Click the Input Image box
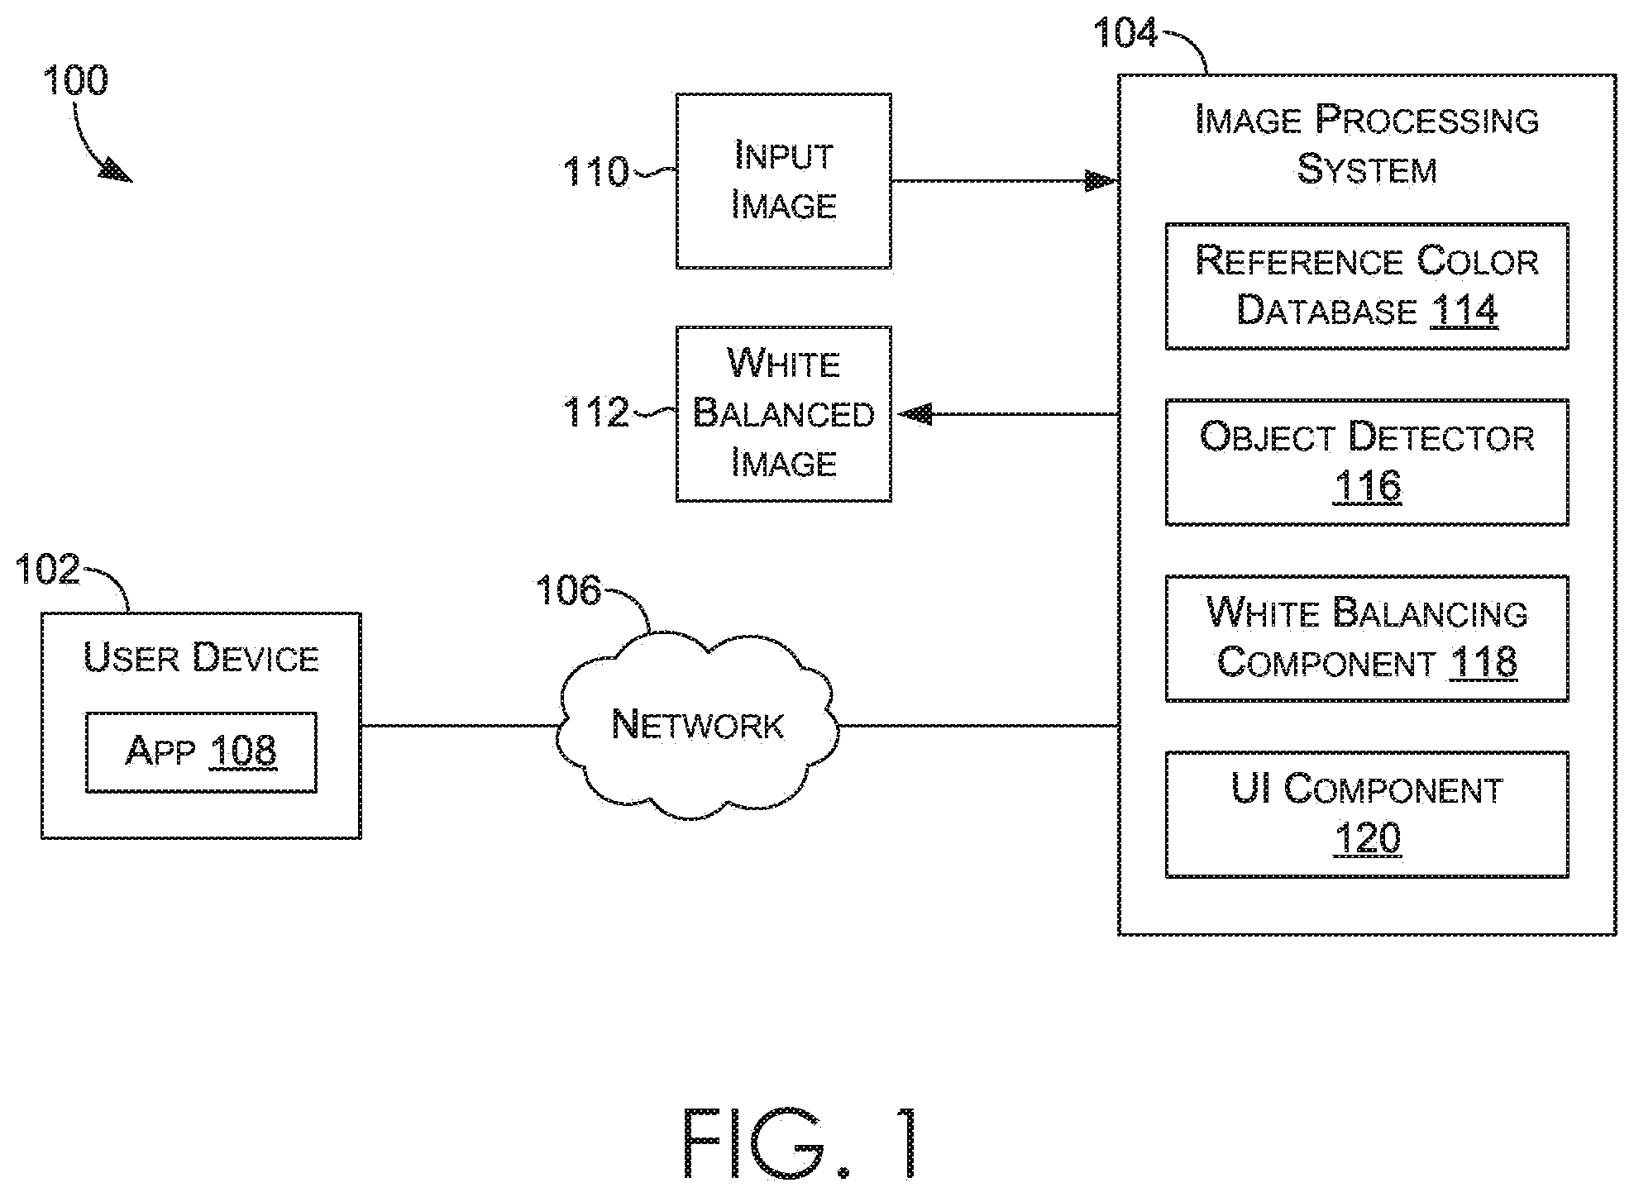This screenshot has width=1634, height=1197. coord(783,181)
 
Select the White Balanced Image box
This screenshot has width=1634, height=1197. coord(783,413)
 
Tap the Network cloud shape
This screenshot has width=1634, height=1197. coord(697,726)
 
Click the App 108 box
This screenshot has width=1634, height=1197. coord(201,752)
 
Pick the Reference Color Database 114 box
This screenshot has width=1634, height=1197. coord(1367,286)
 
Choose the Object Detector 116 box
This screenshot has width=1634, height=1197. coord(1367,462)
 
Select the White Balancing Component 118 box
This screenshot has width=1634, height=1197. coord(1367,638)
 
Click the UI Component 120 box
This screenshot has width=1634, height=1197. coord(1367,814)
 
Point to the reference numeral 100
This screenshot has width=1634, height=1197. coord(75,81)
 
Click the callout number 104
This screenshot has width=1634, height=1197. coord(1125,33)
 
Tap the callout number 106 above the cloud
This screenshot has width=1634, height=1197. coord(568,590)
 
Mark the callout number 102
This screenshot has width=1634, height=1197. coord(48,570)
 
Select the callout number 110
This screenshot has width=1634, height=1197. coord(595,172)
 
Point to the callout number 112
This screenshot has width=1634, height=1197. coord(595,412)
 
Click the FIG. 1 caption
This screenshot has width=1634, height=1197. coord(800,1143)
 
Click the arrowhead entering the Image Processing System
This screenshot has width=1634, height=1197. coord(1101,180)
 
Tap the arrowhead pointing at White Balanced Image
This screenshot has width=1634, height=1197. coord(915,413)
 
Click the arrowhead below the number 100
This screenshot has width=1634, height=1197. coord(116,172)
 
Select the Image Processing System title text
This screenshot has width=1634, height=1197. coord(1367,145)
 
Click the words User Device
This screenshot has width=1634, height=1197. coord(201,658)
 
